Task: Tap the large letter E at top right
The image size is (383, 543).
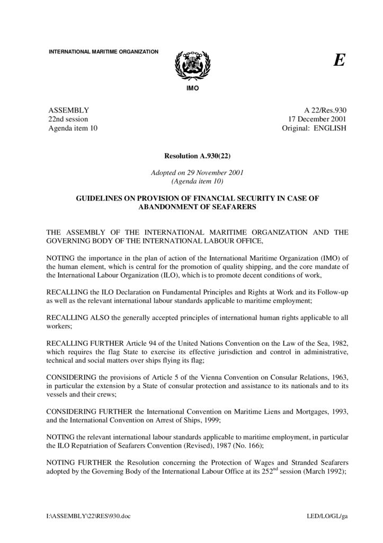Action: click(x=339, y=60)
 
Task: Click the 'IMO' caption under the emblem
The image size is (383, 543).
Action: click(x=192, y=87)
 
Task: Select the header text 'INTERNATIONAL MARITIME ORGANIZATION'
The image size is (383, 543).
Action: click(x=103, y=51)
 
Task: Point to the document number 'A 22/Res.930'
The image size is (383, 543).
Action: click(x=325, y=110)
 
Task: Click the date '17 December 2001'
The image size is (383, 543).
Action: click(x=316, y=119)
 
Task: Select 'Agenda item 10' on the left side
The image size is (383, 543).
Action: click(x=73, y=128)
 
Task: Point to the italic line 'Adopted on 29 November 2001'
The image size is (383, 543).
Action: click(x=197, y=172)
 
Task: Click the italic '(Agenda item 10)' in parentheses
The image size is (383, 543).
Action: click(x=198, y=181)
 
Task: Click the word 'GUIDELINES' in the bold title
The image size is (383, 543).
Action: click(x=97, y=198)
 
